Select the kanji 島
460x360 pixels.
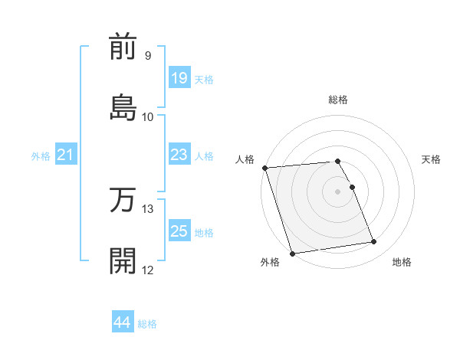click(123, 106)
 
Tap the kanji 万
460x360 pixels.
click(123, 200)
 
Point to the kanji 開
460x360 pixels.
click(123, 260)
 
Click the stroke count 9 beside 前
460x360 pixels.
click(147, 56)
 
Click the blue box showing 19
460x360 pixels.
click(179, 78)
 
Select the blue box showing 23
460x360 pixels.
click(179, 155)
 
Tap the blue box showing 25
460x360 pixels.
click(179, 231)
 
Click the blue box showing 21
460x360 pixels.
click(66, 155)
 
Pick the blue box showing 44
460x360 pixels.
click(123, 322)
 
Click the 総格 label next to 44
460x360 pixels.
click(147, 324)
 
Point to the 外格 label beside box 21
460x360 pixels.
click(41, 156)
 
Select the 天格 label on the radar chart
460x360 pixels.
click(432, 159)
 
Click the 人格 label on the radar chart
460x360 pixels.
click(245, 159)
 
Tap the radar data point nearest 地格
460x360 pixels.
click(374, 242)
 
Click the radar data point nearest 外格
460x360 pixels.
click(292, 253)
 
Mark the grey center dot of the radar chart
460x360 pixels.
click(338, 191)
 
